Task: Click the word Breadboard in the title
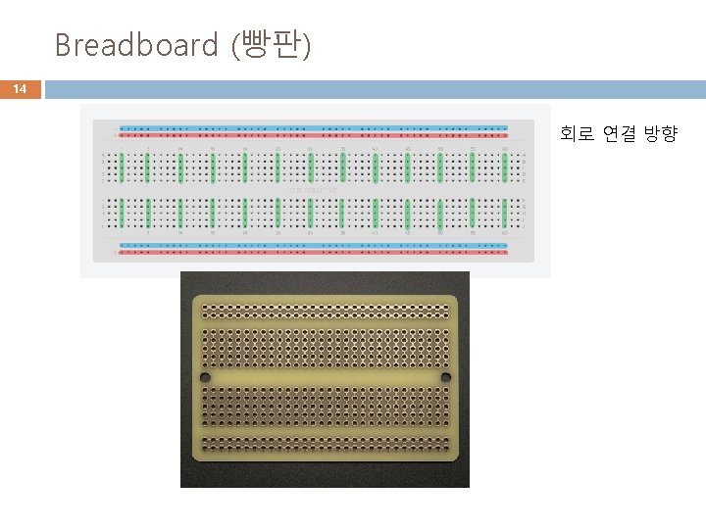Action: [136, 45]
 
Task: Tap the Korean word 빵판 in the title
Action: [270, 45]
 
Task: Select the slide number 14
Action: [20, 89]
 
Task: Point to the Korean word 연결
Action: [619, 134]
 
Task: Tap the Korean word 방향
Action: [661, 134]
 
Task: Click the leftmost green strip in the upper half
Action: [116, 167]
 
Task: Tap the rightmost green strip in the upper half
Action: [505, 167]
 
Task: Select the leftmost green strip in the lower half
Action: [116, 213]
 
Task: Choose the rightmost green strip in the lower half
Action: [505, 213]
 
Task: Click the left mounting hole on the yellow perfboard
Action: [205, 377]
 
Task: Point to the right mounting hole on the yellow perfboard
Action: [445, 377]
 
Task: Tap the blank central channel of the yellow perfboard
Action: [325, 377]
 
